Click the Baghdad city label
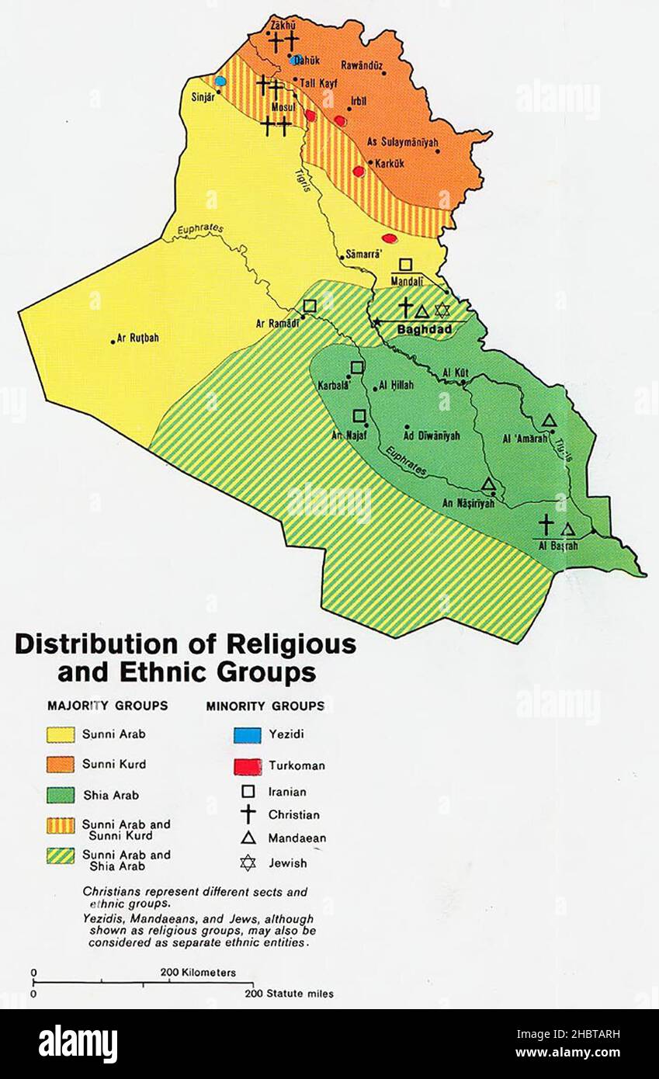[x=425, y=329]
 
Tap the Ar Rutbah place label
[x=137, y=338]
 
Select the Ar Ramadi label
[x=273, y=323]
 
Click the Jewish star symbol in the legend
[x=248, y=862]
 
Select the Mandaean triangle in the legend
[x=248, y=838]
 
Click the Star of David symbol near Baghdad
[x=442, y=311]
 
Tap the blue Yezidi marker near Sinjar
[x=220, y=81]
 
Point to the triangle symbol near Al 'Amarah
[x=549, y=421]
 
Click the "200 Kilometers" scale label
[x=199, y=972]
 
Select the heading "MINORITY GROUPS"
[x=265, y=706]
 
